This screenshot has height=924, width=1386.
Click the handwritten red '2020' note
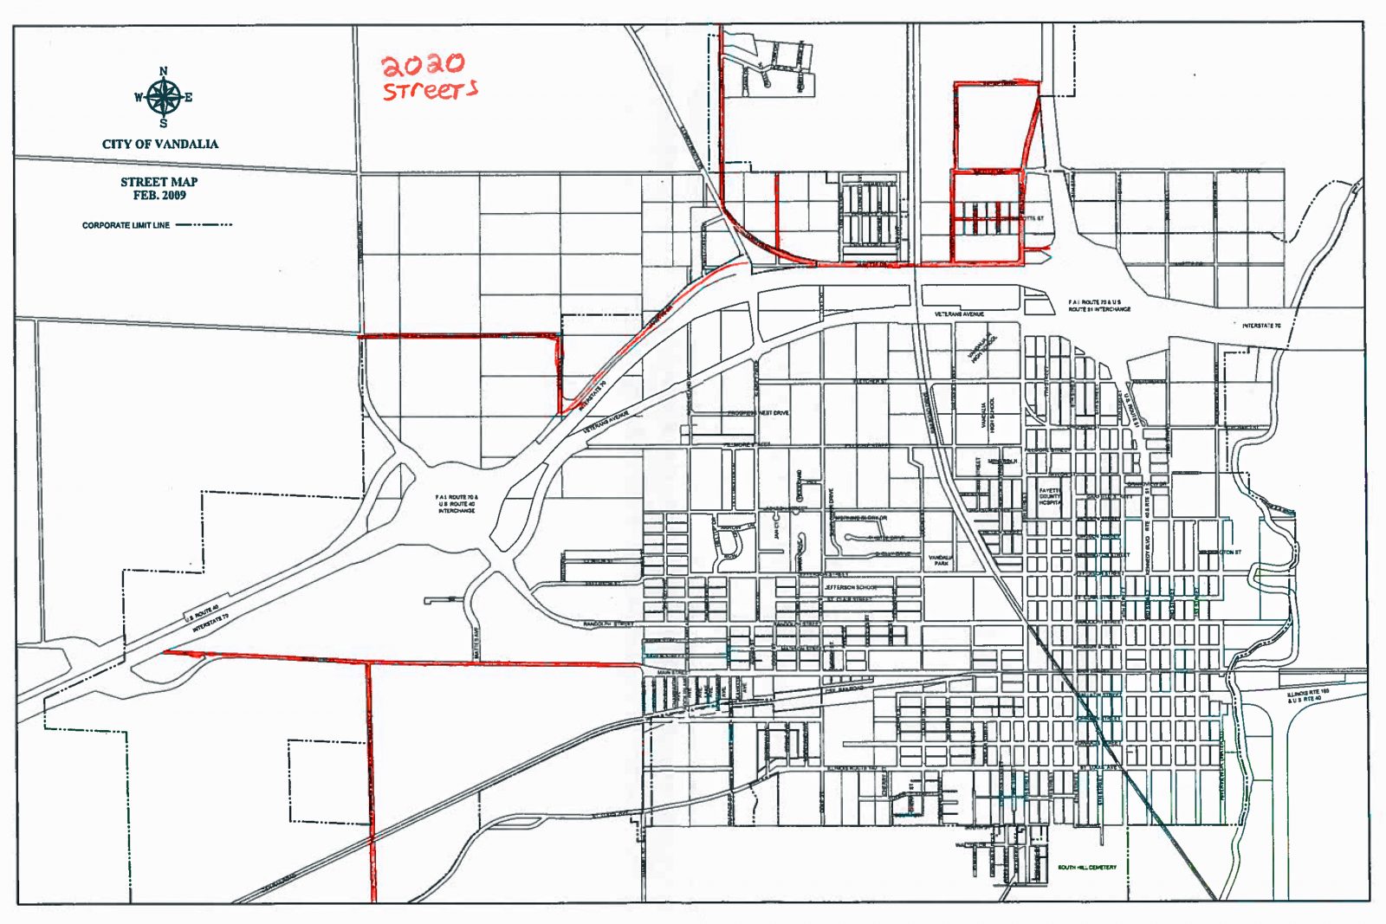[424, 64]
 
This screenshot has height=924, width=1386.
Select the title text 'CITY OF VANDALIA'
[160, 144]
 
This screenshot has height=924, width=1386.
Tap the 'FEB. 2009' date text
[159, 196]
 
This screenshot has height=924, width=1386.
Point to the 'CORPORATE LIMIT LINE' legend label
[126, 225]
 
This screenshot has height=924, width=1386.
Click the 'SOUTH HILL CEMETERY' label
[1086, 867]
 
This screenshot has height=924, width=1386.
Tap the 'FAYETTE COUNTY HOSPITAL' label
[1050, 496]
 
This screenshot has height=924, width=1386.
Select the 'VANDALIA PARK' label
[941, 560]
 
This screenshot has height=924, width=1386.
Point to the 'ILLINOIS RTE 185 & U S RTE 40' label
[1307, 695]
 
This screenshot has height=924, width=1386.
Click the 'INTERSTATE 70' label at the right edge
[1260, 326]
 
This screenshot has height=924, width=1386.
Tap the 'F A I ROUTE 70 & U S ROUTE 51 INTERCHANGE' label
[1098, 306]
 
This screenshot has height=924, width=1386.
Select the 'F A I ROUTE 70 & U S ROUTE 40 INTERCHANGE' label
[456, 504]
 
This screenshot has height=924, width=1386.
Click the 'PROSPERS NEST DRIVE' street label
[758, 413]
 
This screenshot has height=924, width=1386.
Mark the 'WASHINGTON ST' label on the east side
[1220, 552]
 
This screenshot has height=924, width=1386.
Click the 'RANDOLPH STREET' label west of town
[608, 624]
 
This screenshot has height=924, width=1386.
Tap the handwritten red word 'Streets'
[430, 90]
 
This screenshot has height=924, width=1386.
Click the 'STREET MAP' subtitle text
[159, 182]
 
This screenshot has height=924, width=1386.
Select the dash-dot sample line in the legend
[204, 225]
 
